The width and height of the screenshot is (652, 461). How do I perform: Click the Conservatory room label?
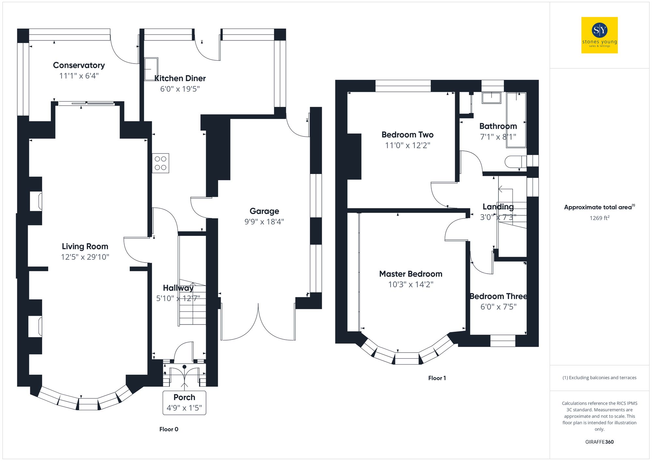click(79, 65)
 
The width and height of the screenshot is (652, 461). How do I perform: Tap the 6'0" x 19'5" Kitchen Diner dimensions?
click(180, 89)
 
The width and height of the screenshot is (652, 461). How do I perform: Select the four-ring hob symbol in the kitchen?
click(160, 163)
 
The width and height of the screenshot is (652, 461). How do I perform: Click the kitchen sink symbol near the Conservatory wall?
click(151, 69)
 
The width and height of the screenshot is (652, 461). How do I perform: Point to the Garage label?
click(264, 211)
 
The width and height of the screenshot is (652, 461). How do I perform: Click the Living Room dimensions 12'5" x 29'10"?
click(85, 257)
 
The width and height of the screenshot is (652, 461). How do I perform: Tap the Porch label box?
click(184, 403)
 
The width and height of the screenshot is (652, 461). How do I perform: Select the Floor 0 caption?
click(169, 429)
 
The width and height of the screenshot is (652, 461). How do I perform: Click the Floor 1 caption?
click(437, 378)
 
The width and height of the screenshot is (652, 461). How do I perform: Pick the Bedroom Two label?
click(407, 135)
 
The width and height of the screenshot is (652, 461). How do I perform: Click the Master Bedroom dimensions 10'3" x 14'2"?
click(410, 284)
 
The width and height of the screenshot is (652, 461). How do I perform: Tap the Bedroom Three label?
click(498, 296)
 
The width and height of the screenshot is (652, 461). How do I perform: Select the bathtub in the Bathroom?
click(516, 120)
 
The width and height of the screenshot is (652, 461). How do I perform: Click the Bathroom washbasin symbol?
click(491, 98)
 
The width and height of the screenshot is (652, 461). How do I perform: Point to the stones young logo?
click(599, 35)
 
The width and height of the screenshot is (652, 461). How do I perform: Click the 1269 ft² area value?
click(599, 218)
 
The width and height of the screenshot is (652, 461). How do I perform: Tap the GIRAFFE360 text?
click(599, 442)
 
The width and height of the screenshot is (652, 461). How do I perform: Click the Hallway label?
click(178, 288)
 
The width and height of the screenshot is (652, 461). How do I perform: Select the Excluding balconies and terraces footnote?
click(599, 378)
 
